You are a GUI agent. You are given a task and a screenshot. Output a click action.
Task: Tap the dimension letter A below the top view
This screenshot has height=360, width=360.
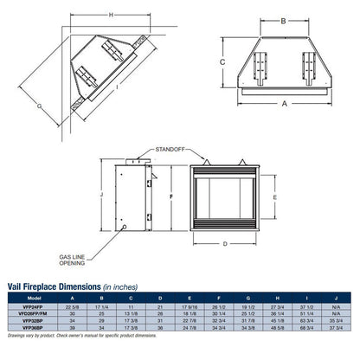283,103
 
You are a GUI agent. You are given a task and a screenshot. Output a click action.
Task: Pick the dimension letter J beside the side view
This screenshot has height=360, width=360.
101,196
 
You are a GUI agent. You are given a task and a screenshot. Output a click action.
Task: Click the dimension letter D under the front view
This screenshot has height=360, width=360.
226,243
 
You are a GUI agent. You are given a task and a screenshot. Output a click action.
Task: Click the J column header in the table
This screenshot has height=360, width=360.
332,299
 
